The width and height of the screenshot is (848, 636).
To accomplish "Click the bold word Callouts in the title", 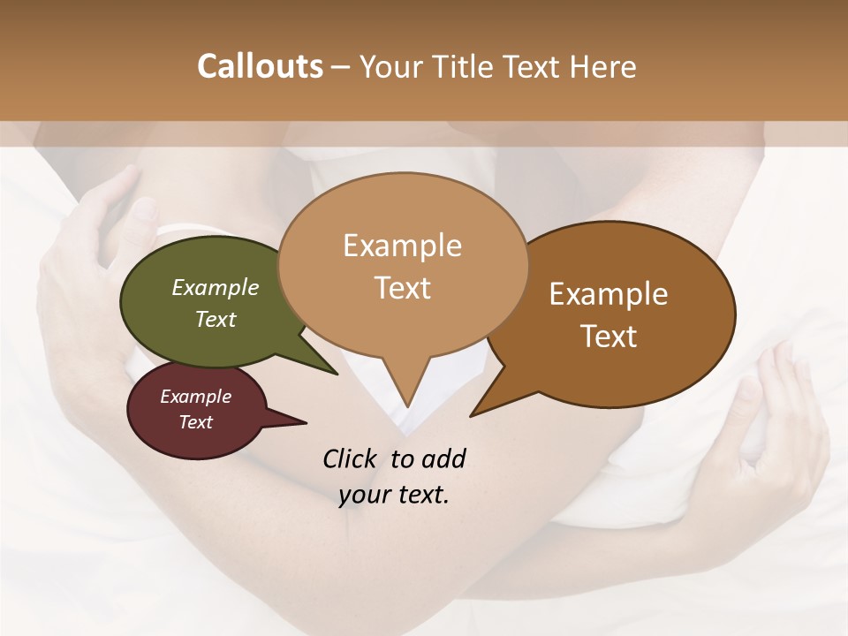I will (260, 66).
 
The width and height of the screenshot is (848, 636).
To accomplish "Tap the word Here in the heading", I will (602, 66).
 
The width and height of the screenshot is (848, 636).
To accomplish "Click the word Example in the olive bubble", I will (216, 288).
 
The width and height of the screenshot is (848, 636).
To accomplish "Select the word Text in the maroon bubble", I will (196, 422).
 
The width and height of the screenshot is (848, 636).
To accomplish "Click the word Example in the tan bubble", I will (402, 246).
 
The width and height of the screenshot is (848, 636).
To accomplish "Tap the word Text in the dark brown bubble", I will (609, 336).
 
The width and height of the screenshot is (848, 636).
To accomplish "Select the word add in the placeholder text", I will (443, 458).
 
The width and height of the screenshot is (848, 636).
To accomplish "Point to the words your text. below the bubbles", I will (394, 495).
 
